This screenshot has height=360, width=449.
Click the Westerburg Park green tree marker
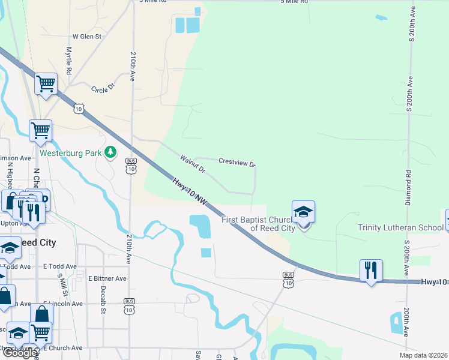tap(110, 152)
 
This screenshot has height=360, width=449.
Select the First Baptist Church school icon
tap(303, 212)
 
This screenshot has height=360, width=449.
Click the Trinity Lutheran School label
tap(401, 227)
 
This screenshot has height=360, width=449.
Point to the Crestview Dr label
tap(237, 162)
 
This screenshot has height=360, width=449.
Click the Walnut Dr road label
tap(193, 164)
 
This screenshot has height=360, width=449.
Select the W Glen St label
tap(87, 37)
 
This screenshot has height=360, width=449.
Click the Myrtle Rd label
tap(69, 61)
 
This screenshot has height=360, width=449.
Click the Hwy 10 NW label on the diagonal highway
tap(190, 193)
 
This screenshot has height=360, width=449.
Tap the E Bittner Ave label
tap(107, 278)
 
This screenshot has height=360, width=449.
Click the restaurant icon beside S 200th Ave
tap(371, 270)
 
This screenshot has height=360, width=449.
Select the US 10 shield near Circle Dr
tap(79, 107)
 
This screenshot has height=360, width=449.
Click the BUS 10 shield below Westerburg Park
tap(130, 166)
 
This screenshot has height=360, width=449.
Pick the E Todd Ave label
tap(59, 266)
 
